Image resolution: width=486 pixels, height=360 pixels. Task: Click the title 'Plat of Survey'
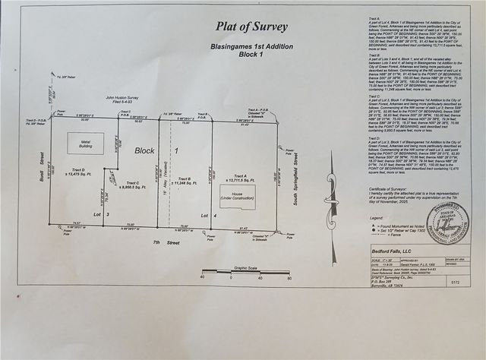tap(251, 27)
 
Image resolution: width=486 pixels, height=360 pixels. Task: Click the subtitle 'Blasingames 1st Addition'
tap(252, 46)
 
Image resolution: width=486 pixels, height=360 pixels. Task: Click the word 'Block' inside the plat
tap(145, 150)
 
